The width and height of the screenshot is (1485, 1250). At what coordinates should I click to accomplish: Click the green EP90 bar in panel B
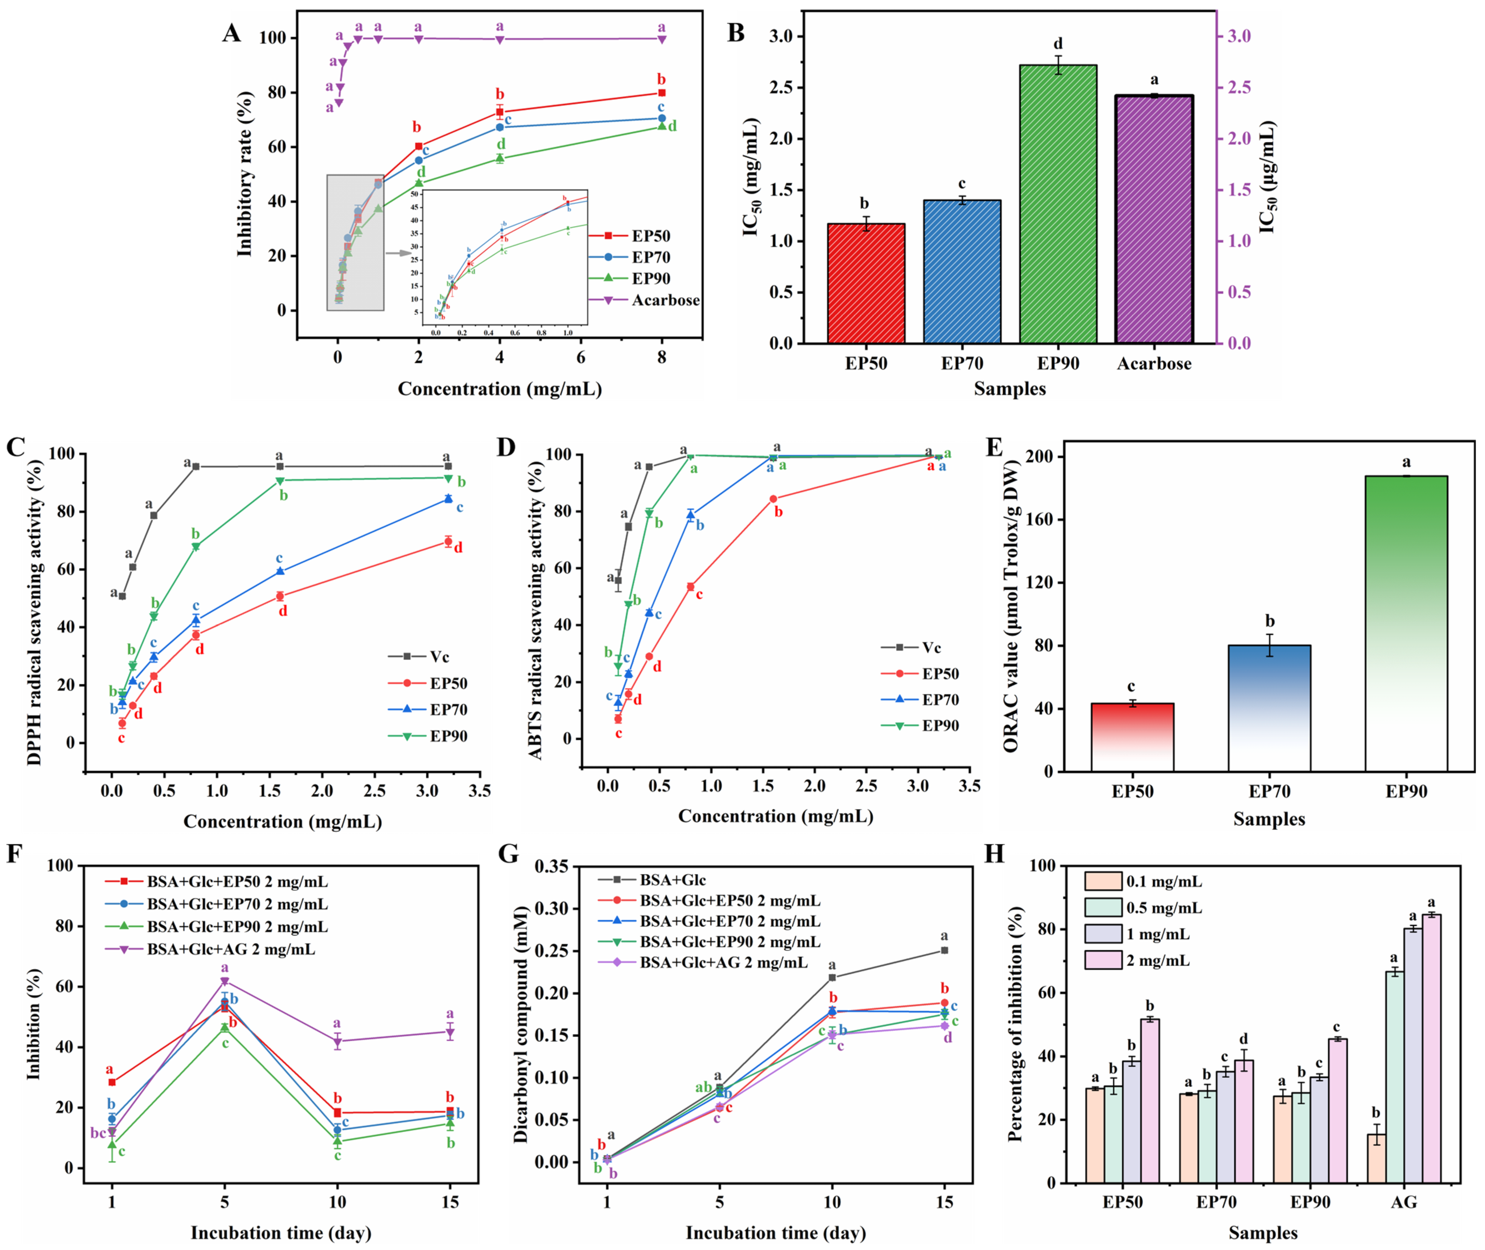coord(1058,205)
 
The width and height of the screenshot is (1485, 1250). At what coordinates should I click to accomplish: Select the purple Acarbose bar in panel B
coord(1154,220)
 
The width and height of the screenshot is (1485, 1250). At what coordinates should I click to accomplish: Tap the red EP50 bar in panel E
coord(1132,737)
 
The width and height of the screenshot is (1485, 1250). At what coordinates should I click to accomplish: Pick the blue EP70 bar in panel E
coord(1269,709)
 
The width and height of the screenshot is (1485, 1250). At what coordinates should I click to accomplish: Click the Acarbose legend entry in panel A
coord(665,301)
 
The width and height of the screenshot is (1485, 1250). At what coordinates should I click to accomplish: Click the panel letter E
coord(994,448)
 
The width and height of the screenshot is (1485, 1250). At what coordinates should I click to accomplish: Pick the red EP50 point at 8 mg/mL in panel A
coord(661,93)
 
